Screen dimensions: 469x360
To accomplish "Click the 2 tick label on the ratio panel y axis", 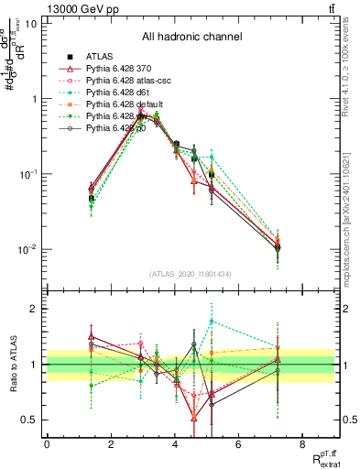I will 34,309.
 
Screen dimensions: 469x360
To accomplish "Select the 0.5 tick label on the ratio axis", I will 28,420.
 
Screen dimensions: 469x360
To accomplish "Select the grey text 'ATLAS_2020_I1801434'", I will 191,274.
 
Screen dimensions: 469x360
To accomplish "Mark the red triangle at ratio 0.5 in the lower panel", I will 194,419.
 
